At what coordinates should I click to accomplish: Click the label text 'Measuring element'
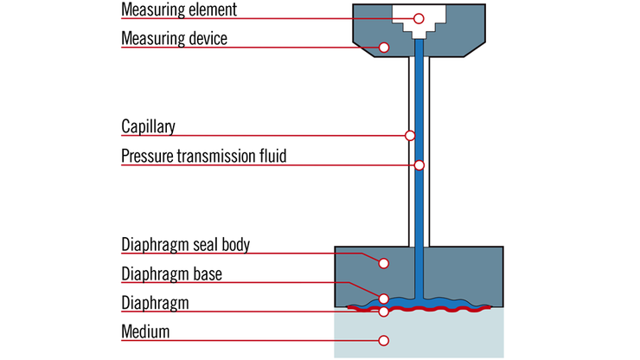(x=178, y=11)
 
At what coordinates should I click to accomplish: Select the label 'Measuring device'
(x=173, y=40)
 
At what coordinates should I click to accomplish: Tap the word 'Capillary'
(x=148, y=127)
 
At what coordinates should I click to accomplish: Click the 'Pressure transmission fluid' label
(x=203, y=157)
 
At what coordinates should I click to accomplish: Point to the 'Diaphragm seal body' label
(x=185, y=245)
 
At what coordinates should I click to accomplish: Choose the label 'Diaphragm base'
(x=171, y=274)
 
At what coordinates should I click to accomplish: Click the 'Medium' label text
(x=145, y=331)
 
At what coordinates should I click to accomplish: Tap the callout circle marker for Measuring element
(x=419, y=18)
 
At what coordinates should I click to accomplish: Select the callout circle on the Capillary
(x=410, y=135)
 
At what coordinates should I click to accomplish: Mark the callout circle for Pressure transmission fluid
(x=419, y=164)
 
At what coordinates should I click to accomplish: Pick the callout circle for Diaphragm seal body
(x=384, y=261)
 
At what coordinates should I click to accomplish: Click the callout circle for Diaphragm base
(x=384, y=299)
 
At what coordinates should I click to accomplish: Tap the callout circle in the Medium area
(x=384, y=339)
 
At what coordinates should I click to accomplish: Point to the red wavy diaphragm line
(x=450, y=307)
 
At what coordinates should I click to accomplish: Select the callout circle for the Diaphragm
(x=384, y=311)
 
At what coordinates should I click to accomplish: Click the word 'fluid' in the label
(x=272, y=157)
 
